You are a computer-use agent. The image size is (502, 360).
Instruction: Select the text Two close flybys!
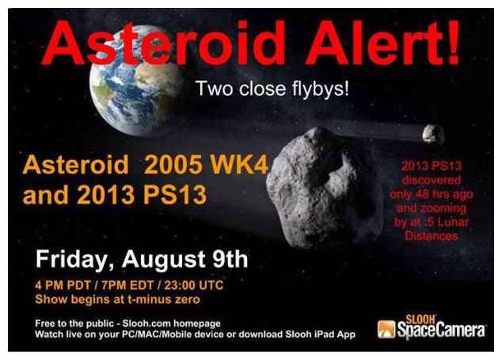point(272,89)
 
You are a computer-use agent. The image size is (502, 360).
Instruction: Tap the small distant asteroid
point(433,135)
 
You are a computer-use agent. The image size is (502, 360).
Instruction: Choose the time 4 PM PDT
point(63,285)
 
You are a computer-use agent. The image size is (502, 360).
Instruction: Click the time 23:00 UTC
point(194,285)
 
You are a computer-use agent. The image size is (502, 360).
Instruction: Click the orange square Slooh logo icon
point(386,329)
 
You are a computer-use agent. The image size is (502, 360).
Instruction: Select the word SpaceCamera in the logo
point(441,331)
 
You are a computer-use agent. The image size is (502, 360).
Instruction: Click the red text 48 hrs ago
point(443,194)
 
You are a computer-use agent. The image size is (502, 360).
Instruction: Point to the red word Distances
point(432,236)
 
